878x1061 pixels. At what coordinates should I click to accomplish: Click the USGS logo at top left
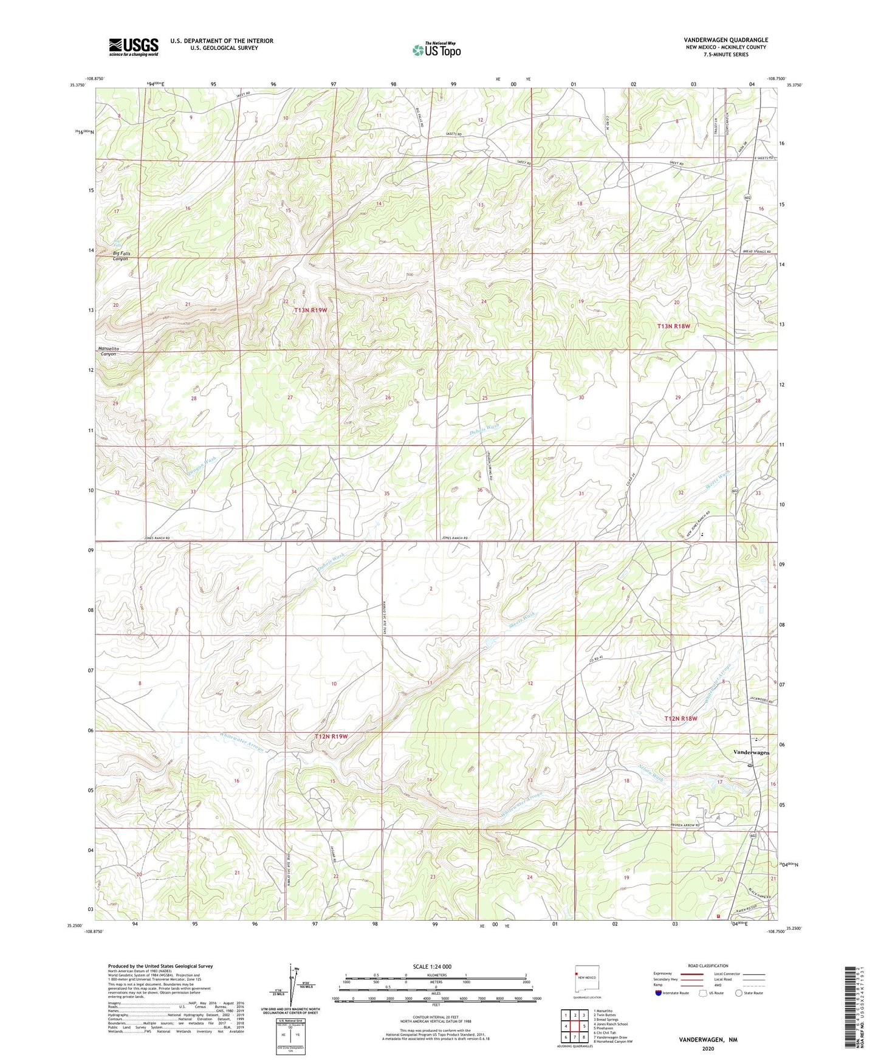pyautogui.click(x=134, y=47)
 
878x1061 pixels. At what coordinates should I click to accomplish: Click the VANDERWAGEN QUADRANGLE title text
pyautogui.click(x=725, y=40)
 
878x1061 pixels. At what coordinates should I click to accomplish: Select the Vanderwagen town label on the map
pyautogui.click(x=751, y=752)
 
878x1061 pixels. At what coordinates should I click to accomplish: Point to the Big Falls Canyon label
pyautogui.click(x=122, y=256)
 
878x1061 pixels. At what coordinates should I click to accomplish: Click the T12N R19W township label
pyautogui.click(x=331, y=737)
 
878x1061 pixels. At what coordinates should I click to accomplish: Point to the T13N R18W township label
pyautogui.click(x=674, y=326)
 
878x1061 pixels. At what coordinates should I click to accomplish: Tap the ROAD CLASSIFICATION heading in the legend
pyautogui.click(x=709, y=966)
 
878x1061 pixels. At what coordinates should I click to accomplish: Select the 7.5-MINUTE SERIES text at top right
pyautogui.click(x=725, y=55)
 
